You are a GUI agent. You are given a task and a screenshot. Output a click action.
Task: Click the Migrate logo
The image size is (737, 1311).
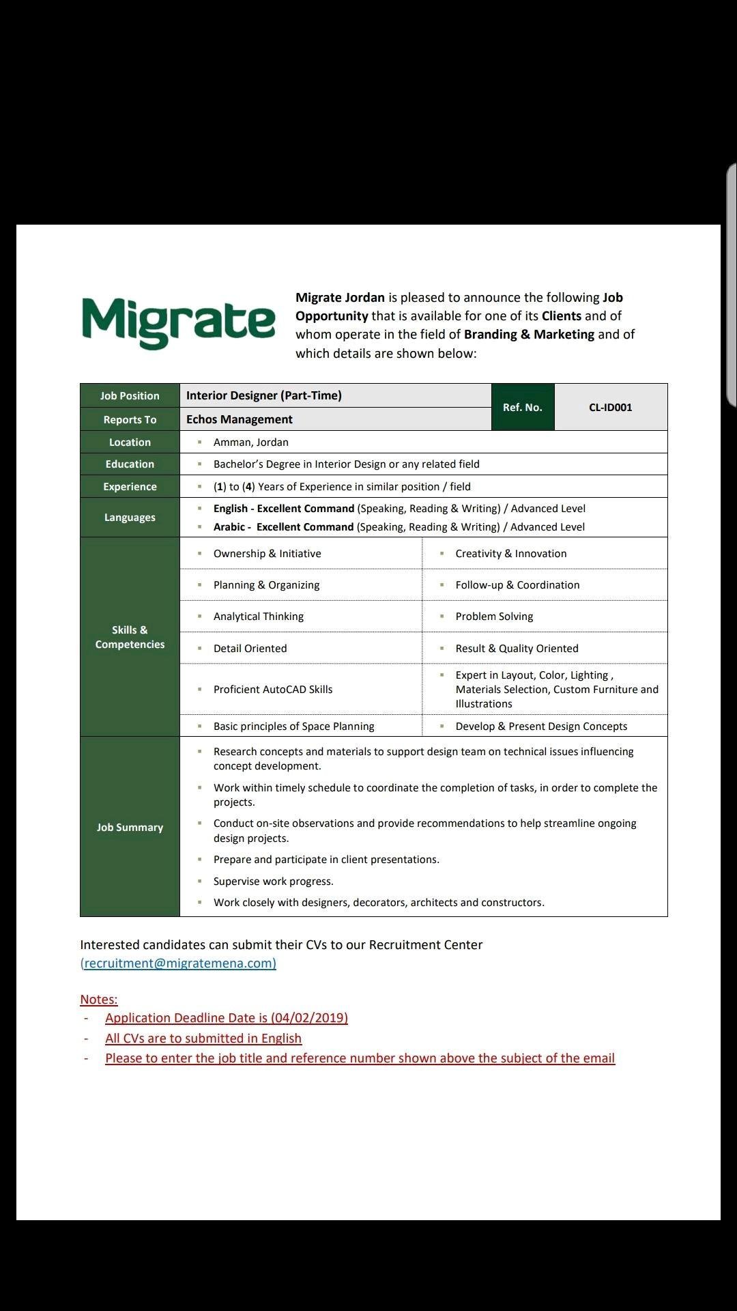pos(178,322)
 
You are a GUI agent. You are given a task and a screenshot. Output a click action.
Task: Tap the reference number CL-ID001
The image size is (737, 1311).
pos(610,408)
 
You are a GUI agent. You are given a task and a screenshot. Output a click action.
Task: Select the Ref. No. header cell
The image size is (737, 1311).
pos(522,408)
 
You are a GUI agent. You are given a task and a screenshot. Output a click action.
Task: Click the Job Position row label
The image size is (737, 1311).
pos(130,396)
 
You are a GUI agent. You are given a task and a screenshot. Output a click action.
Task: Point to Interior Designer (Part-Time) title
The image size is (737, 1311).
pos(264,395)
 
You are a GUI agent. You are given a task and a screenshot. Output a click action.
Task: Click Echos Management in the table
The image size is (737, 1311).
pos(240,419)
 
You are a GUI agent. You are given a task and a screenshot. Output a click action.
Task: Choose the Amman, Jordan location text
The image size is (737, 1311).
pos(251,442)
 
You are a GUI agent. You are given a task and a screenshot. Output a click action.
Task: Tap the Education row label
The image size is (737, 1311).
pos(130,464)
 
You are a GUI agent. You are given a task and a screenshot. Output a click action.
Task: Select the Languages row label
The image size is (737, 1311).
pos(130,518)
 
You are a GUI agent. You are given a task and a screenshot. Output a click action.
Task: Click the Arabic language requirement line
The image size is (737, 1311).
pos(399,527)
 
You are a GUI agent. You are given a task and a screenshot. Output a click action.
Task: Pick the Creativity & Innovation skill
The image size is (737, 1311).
pos(511,554)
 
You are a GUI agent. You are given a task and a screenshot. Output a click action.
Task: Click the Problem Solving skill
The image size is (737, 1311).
pos(494,617)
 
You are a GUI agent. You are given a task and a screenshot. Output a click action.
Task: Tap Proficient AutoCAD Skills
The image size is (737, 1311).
pos(273,690)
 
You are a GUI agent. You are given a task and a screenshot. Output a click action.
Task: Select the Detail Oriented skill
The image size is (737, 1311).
pos(250,649)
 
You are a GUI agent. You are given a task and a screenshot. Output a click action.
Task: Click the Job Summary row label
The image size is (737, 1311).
pos(130,828)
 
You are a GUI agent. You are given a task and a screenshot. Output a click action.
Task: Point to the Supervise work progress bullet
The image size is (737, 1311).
pos(273,882)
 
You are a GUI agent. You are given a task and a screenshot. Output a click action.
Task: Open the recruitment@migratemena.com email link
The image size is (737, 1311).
pos(179,963)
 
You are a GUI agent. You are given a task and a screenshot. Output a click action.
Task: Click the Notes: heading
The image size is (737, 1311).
pos(99,1000)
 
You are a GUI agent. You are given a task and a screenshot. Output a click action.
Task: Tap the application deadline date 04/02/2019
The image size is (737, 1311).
pos(309,1018)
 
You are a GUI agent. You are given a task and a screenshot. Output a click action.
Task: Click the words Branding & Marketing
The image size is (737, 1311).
pos(529,335)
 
